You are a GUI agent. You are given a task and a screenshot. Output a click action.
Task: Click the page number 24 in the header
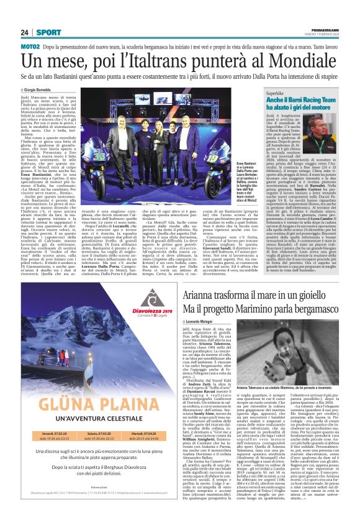pos(25,32)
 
